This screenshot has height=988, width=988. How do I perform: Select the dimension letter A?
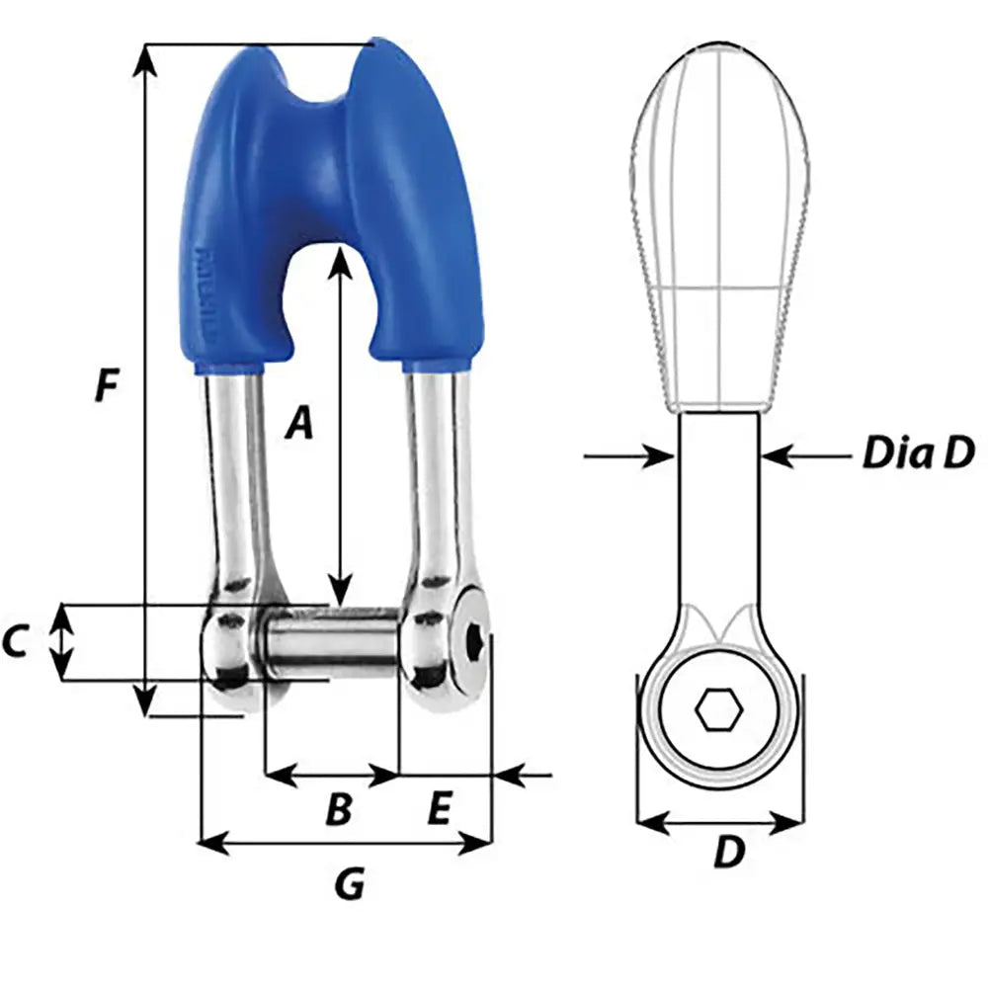[x=298, y=423]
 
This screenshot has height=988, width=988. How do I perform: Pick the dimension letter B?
[x=338, y=810]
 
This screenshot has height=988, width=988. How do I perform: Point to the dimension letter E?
[x=439, y=810]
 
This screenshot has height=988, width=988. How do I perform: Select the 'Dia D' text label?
[x=918, y=453]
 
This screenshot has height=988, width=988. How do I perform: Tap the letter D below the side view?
[x=728, y=852]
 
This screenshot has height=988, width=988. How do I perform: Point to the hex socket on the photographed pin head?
[x=475, y=643]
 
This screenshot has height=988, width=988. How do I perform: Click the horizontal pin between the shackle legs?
[x=331, y=642]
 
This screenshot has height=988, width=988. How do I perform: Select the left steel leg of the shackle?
[x=234, y=474]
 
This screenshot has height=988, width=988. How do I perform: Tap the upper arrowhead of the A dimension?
[x=339, y=259]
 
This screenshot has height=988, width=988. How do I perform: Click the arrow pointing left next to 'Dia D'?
[x=781, y=455]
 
